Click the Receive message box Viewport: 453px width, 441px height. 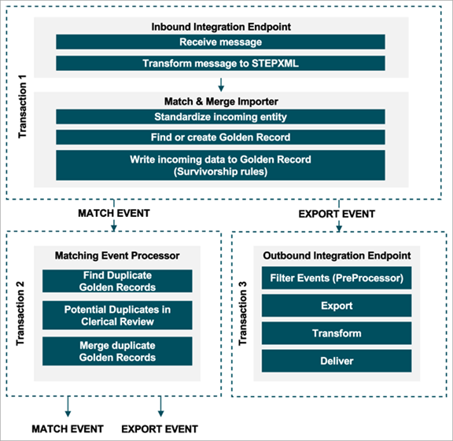[x=220, y=42]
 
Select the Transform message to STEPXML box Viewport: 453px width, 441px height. [x=220, y=63]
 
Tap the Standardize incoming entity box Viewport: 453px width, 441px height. [x=220, y=116]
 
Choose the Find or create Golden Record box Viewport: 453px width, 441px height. [x=220, y=138]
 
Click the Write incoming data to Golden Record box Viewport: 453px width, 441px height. [x=220, y=165]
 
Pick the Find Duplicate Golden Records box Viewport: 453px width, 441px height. [x=117, y=281]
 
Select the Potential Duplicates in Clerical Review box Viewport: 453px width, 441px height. [x=117, y=315]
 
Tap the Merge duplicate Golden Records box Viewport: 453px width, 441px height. [x=117, y=351]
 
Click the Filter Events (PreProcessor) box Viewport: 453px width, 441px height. [x=337, y=277]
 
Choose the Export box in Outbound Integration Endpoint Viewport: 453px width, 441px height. [x=337, y=306]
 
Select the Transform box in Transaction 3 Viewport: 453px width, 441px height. [x=337, y=333]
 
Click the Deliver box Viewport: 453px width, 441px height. [x=337, y=361]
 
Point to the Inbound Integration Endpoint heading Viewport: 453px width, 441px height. [x=221, y=27]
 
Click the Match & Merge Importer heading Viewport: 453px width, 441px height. [x=221, y=101]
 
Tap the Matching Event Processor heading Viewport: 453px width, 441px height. [x=117, y=255]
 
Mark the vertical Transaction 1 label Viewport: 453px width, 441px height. [x=22, y=107]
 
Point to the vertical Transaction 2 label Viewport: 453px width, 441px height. [x=20, y=314]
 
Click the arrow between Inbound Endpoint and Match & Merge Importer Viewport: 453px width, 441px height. [x=221, y=85]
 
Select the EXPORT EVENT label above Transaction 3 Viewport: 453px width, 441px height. [x=337, y=214]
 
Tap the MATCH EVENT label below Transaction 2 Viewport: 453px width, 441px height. [x=68, y=429]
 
